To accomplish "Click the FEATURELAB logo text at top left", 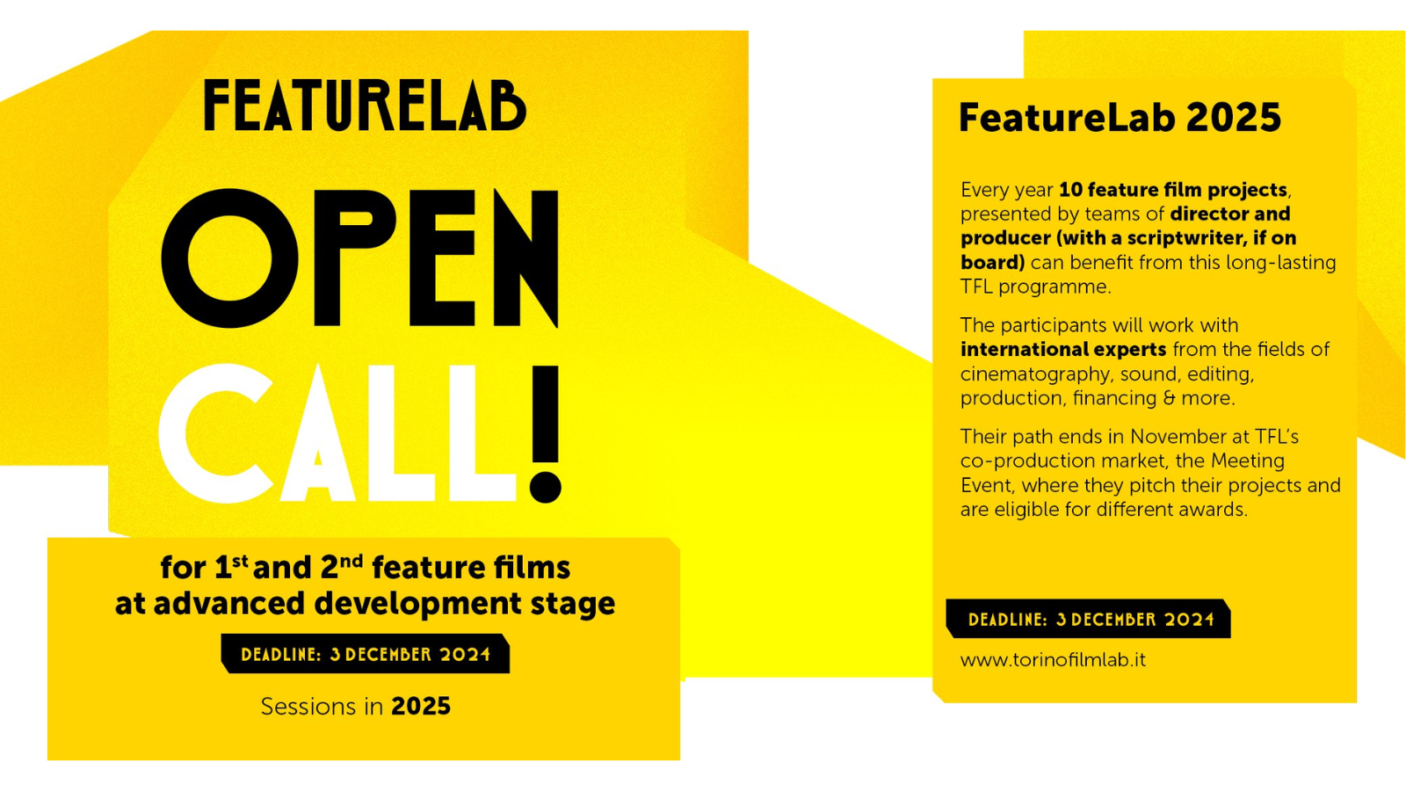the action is [x=365, y=105].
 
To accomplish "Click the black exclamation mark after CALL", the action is [x=545, y=434].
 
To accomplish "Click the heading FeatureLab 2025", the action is [x=1120, y=118].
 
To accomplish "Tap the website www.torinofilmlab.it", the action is [x=1053, y=660].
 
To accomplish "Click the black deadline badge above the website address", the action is [x=1089, y=619].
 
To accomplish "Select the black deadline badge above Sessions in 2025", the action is [x=365, y=654].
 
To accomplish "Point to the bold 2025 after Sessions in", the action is [x=421, y=707].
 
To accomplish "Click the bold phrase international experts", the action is [x=1063, y=349].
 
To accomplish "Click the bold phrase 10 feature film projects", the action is [x=1173, y=190].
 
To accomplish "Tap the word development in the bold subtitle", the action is [x=417, y=604].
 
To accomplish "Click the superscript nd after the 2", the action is [x=351, y=561].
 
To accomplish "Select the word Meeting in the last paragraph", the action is [x=1247, y=461].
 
